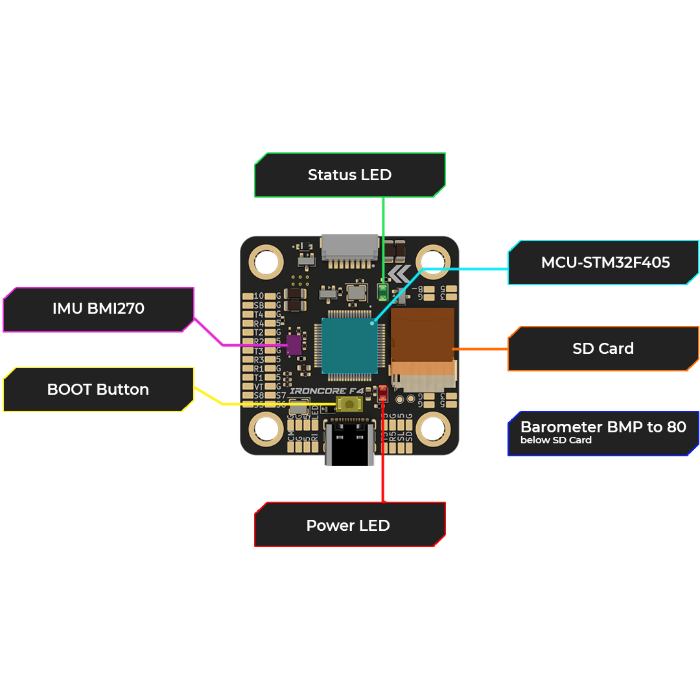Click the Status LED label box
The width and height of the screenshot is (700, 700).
point(349,175)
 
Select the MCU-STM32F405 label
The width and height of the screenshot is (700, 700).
point(604,262)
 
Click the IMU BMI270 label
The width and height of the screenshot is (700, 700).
point(99,309)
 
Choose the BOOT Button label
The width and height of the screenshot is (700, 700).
point(99,390)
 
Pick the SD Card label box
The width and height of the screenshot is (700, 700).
point(603,349)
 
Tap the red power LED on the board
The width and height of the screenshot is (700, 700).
point(383,393)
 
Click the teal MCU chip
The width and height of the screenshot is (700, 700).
point(350,345)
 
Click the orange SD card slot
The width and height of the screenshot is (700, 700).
point(422,334)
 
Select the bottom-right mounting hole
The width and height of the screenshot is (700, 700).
point(433,429)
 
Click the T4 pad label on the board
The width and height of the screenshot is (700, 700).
point(259,314)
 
